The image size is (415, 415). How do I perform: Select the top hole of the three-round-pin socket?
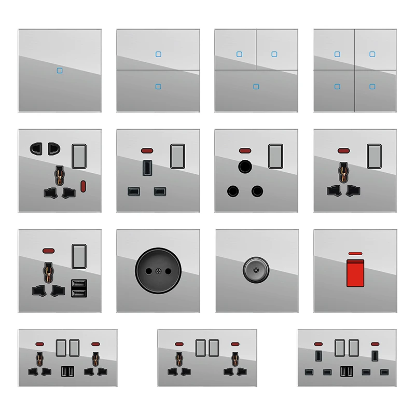(244, 167)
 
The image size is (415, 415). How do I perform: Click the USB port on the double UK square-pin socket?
(345, 371)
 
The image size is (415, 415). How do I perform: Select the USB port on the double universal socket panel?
(68, 371)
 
